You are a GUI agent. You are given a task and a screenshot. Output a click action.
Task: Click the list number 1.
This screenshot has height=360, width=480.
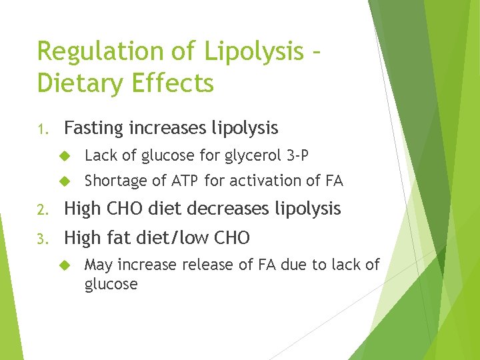tap(42, 128)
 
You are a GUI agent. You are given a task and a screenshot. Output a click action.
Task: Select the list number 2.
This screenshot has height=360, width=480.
tap(42, 209)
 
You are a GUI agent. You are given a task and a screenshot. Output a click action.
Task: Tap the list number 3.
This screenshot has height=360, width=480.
tap(42, 238)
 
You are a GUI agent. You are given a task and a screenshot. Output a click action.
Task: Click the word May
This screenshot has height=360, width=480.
tap(99, 265)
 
